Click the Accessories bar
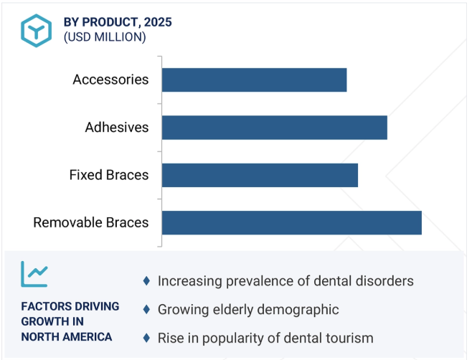click(x=255, y=80)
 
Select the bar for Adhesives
click(x=275, y=128)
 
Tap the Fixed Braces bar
click(x=260, y=175)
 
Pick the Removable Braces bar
click(x=292, y=223)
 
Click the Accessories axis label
click(x=110, y=80)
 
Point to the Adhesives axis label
click(x=117, y=128)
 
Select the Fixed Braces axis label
click(x=109, y=175)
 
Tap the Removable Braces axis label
click(x=91, y=222)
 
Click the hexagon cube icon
click(x=37, y=31)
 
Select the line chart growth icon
click(x=34, y=274)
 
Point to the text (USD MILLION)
click(x=105, y=37)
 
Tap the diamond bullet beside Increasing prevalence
click(x=146, y=281)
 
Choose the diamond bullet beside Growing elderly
click(x=146, y=309)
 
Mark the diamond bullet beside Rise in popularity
click(x=146, y=338)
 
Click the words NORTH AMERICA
click(x=67, y=337)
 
